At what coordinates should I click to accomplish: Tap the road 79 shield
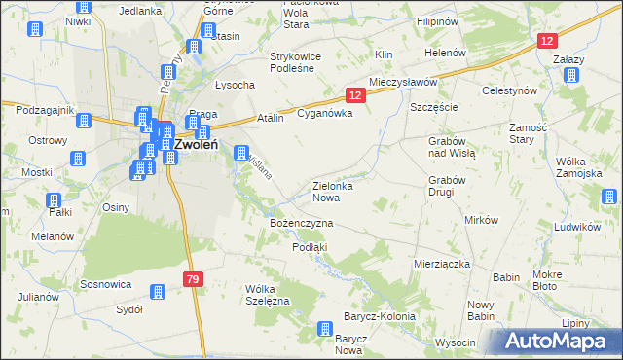tap(193, 279)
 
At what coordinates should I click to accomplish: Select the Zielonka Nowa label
tap(338, 191)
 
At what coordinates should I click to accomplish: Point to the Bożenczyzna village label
tap(301, 224)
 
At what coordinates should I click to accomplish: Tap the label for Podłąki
tap(310, 247)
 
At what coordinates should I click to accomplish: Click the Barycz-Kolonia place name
tap(379, 317)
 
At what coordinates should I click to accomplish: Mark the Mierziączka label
tap(442, 264)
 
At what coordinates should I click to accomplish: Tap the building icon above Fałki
tap(55, 200)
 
